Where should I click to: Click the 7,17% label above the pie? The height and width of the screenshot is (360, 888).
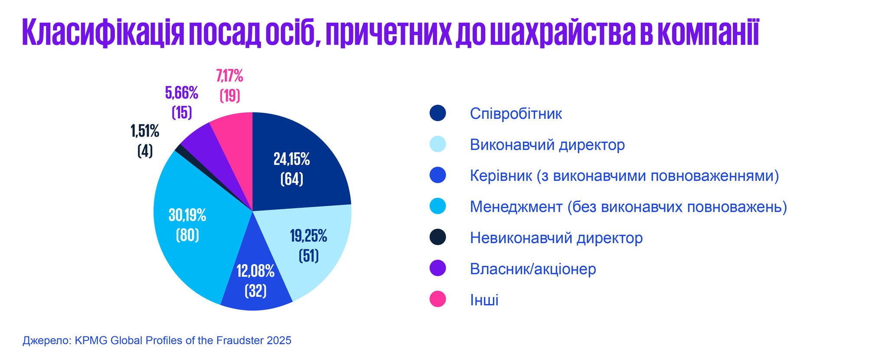click(x=230, y=77)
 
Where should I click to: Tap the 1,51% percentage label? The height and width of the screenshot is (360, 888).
click(x=145, y=131)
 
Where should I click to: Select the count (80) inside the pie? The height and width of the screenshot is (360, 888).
click(x=187, y=235)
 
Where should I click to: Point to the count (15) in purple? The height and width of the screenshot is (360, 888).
click(x=182, y=112)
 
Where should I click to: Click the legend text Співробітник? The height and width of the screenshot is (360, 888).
click(x=516, y=114)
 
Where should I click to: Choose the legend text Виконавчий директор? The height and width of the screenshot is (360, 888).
click(x=548, y=144)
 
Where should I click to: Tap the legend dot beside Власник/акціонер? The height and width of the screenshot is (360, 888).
click(x=437, y=268)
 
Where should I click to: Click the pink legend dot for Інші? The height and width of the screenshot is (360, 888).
click(x=437, y=299)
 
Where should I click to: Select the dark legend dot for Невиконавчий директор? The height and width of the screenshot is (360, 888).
click(x=437, y=237)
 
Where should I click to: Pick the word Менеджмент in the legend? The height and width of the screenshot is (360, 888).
click(x=516, y=207)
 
